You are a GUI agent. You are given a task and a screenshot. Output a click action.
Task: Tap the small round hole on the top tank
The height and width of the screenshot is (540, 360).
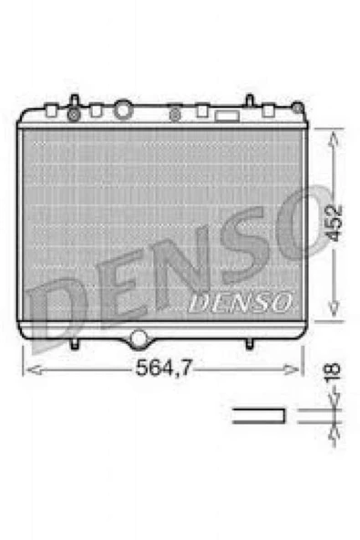tap(174, 115)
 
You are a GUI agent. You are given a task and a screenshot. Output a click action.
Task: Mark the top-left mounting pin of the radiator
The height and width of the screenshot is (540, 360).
tap(74, 100)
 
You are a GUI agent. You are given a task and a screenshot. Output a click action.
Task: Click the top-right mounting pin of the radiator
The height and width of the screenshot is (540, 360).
tap(249, 100)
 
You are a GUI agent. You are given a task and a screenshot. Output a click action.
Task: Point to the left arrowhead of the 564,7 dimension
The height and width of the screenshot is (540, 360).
tap(27, 369)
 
